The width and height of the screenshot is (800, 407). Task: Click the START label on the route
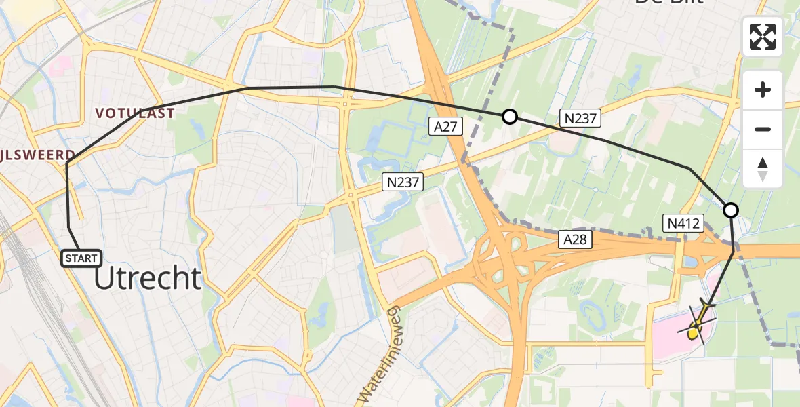[81, 258]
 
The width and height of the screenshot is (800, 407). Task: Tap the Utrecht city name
[148, 278]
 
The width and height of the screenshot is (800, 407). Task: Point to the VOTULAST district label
[135, 113]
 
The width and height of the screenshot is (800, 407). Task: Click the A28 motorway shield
[572, 239]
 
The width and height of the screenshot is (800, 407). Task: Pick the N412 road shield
[683, 222]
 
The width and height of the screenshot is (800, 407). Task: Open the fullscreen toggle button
[763, 37]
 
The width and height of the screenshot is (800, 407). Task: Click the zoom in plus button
[763, 90]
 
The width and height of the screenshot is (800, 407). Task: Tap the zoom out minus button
[763, 129]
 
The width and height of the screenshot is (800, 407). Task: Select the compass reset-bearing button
[763, 168]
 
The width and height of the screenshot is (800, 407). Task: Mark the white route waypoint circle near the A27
[510, 117]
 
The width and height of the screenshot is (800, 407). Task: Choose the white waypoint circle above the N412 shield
[731, 210]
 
